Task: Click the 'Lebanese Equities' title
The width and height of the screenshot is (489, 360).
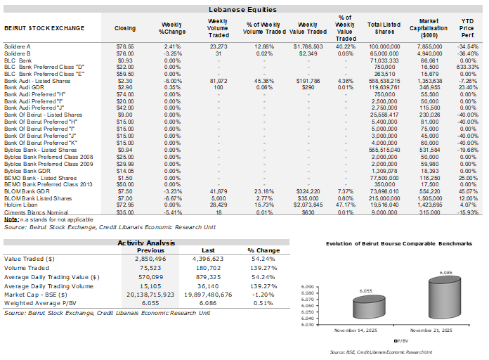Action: [x=243, y=10]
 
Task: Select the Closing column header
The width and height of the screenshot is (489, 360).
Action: [x=125, y=28]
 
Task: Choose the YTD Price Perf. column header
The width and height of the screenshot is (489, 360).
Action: [x=468, y=28]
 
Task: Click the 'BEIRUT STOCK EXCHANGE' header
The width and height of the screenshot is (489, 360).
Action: [x=44, y=28]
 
